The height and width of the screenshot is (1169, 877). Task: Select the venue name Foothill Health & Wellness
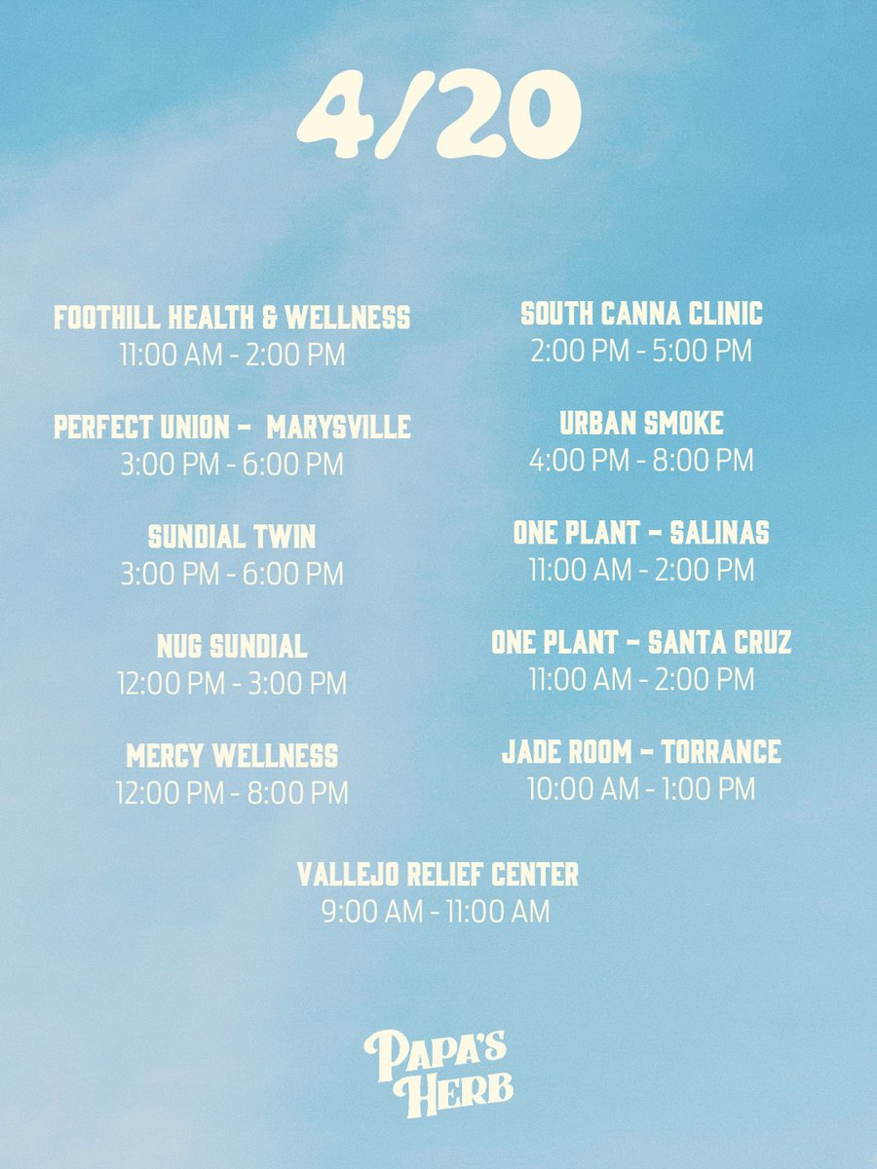(x=232, y=318)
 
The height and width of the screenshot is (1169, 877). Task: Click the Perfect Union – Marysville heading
(x=232, y=428)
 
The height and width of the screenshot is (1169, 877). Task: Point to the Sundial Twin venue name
(x=232, y=537)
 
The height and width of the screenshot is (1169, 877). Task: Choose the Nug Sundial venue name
(x=232, y=646)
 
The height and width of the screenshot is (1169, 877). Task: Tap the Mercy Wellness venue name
(x=232, y=756)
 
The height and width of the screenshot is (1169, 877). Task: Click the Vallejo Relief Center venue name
(x=438, y=874)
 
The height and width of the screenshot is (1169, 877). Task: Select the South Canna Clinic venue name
(x=641, y=314)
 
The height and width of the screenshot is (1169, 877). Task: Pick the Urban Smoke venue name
(x=641, y=423)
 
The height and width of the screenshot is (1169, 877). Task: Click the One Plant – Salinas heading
(x=641, y=533)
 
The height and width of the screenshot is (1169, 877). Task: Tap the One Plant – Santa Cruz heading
(x=641, y=643)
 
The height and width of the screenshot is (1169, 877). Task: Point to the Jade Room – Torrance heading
(x=641, y=752)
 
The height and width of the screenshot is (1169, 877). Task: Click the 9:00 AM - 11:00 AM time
(x=436, y=912)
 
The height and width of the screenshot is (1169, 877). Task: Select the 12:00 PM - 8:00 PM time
(x=232, y=793)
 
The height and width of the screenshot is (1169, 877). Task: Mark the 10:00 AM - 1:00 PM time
(x=641, y=789)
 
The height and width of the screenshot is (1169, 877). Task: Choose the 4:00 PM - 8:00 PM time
(x=641, y=460)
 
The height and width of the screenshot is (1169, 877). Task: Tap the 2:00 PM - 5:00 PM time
(x=641, y=351)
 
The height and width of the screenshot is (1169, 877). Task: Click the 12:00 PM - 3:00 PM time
(x=232, y=684)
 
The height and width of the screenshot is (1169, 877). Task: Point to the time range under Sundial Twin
(x=232, y=574)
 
